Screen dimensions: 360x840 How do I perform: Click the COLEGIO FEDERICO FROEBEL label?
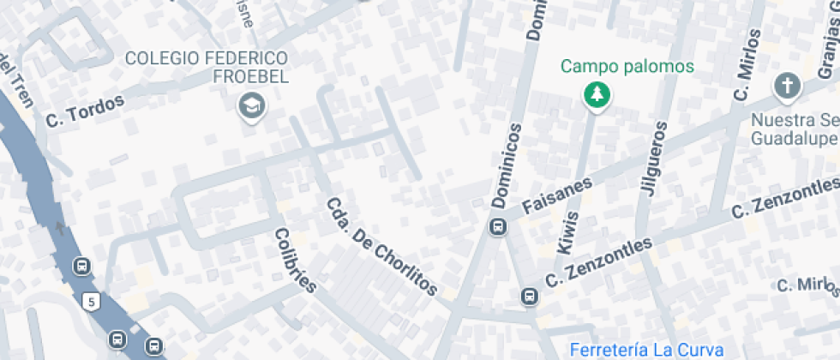[x=207, y=67]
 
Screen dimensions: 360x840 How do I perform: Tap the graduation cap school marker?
[x=252, y=106]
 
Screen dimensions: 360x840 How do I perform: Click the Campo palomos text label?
[x=627, y=66]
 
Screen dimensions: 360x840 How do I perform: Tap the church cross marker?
[x=786, y=86]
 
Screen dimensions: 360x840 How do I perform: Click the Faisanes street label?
[x=557, y=196]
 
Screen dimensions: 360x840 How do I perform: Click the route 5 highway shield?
[x=92, y=301]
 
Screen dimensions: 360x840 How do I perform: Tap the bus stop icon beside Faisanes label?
[x=496, y=227]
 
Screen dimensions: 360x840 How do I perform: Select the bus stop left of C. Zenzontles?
[x=529, y=297]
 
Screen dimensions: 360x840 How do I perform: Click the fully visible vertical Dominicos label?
[x=507, y=166]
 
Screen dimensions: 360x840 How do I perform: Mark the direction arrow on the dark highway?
[x=59, y=228]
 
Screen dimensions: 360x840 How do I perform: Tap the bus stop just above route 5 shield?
[x=82, y=266]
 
